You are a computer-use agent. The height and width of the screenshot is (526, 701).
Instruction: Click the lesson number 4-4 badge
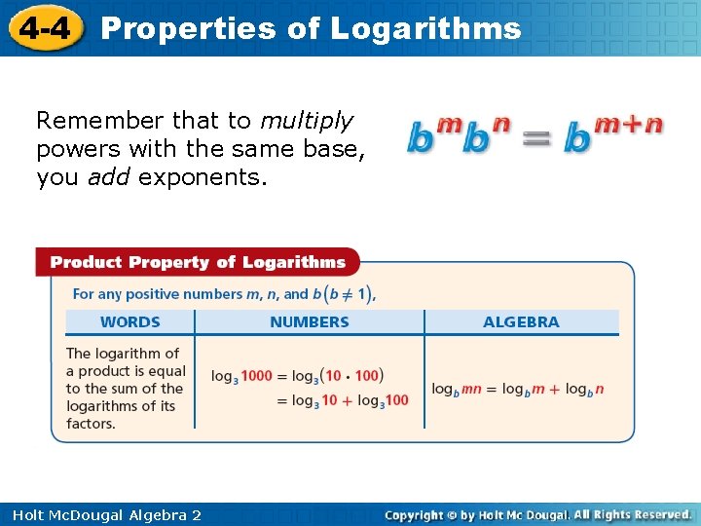[x=43, y=27]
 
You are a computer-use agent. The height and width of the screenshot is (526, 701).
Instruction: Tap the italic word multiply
[x=306, y=121]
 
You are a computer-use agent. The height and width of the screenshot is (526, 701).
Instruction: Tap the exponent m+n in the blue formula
[x=629, y=125]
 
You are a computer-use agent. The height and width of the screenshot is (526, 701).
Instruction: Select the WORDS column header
[x=130, y=322]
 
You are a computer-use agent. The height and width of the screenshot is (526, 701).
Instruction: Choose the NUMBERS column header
[x=310, y=322]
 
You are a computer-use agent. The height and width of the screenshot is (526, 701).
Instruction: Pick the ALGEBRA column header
[x=521, y=322]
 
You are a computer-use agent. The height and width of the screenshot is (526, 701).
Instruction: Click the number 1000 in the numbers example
[x=256, y=376]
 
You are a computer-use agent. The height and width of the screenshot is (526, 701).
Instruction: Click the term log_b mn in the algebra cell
[x=457, y=389]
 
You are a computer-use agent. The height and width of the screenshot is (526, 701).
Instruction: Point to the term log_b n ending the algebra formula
[x=585, y=389]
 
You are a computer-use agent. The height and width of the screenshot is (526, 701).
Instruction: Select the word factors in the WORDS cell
[x=91, y=424]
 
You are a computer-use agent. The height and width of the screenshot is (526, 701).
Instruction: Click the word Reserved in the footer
[x=656, y=514]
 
